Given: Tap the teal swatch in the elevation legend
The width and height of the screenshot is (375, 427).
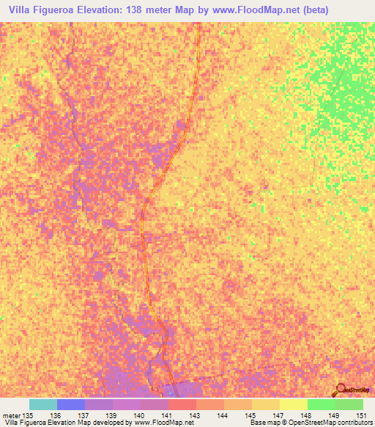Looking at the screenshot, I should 42,404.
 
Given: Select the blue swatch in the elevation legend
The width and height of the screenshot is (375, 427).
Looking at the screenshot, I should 70,404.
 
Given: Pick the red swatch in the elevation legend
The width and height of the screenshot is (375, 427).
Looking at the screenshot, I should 182,404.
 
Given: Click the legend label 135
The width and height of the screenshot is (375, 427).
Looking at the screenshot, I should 29,415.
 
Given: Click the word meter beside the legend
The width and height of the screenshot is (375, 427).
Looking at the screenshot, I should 11,415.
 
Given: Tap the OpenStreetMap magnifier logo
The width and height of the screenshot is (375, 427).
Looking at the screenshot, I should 341,390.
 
